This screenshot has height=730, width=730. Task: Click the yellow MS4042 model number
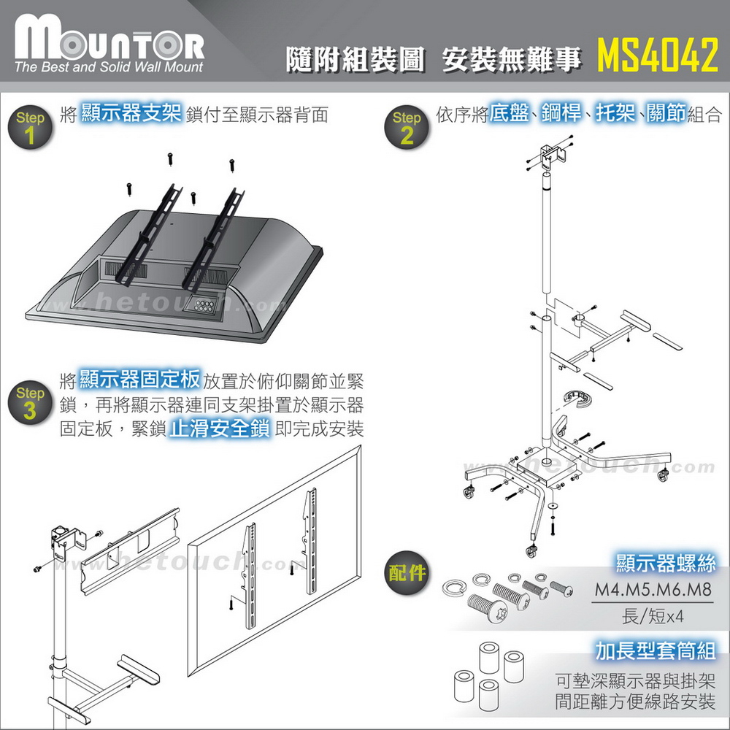pyautogui.click(x=658, y=57)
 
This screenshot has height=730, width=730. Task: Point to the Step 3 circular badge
pyautogui.click(x=30, y=401)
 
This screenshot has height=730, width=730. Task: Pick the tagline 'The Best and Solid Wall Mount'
pyautogui.click(x=109, y=68)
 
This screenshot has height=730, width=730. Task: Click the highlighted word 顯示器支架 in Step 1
pyautogui.click(x=131, y=115)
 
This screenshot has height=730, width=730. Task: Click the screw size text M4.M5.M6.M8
pyautogui.click(x=653, y=590)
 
